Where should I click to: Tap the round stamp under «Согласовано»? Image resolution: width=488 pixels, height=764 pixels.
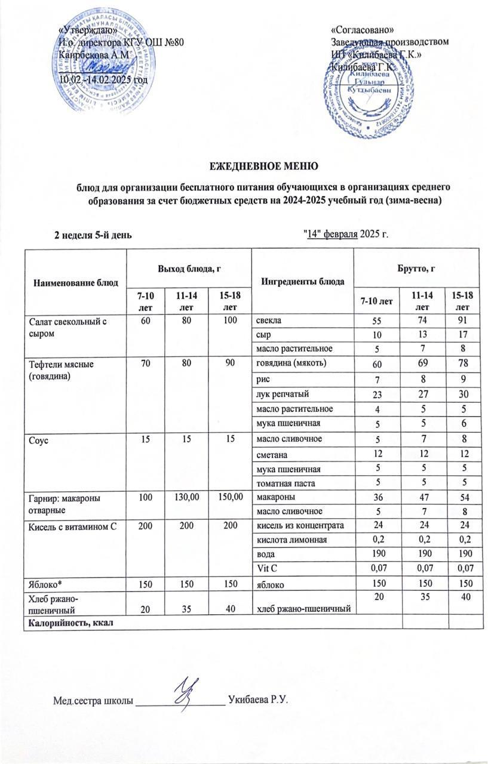pyautogui.click(x=369, y=95)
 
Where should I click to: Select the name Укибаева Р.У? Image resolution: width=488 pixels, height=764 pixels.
pyautogui.click(x=258, y=699)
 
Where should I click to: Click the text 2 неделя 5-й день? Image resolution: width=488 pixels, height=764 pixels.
pyautogui.click(x=93, y=234)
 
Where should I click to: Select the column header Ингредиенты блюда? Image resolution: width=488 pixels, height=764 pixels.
pyautogui.click(x=302, y=281)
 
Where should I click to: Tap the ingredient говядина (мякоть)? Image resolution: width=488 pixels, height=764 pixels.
pyautogui.click(x=286, y=363)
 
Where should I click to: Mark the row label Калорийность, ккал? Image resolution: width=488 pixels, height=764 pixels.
pyautogui.click(x=68, y=623)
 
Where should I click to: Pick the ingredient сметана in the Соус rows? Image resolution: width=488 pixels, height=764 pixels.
pyautogui.click(x=273, y=454)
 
